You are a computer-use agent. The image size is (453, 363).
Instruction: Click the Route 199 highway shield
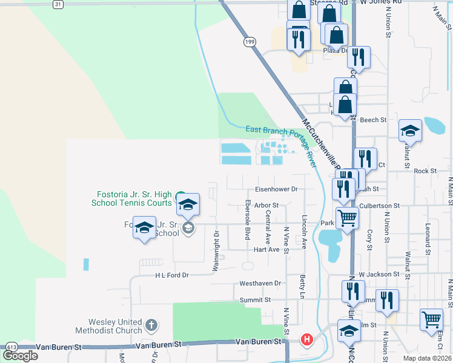pyautogui.click(x=250, y=42)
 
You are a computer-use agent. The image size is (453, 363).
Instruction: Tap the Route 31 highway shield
pyautogui.click(x=58, y=4)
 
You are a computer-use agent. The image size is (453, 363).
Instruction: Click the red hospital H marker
pyautogui.click(x=307, y=339)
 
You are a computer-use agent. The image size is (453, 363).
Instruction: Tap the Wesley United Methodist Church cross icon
pyautogui.click(x=151, y=326)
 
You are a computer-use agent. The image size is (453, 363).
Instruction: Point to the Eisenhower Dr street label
pyautogui.click(x=276, y=189)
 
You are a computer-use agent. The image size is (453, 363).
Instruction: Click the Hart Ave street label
pyautogui.click(x=267, y=249)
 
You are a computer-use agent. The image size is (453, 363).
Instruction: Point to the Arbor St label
pyautogui.click(x=266, y=206)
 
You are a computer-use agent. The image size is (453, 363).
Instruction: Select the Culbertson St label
pyautogui.click(x=380, y=206)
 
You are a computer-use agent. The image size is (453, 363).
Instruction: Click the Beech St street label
pyautogui.click(x=373, y=120)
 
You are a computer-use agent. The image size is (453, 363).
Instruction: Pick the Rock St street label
pyautogui.click(x=425, y=171)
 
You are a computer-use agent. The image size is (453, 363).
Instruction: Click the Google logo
pyautogui.click(x=21, y=356)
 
